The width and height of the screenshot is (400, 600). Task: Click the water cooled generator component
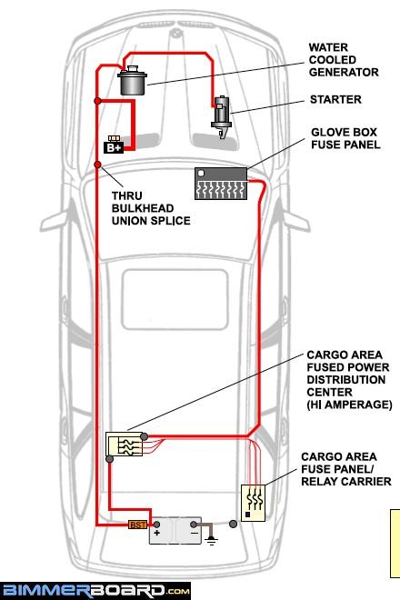132,81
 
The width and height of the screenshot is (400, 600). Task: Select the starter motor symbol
221,116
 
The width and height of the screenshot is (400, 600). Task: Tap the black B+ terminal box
114,145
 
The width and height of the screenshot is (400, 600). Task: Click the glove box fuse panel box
221,184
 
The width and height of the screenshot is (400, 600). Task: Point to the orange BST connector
137,525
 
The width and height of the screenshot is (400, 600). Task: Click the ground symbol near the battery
211,541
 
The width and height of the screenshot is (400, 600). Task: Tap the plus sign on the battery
157,533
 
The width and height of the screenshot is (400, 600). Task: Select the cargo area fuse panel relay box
253,503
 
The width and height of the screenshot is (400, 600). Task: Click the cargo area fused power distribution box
124,444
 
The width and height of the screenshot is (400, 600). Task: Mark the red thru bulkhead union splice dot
97,165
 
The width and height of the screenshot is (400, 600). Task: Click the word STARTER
335,99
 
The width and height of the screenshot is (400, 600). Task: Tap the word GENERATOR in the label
344,73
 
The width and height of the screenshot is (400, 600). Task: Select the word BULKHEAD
143,208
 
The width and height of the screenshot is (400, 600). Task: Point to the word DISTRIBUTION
346,380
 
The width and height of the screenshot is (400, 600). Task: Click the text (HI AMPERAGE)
349,405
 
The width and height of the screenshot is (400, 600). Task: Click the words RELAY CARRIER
346,482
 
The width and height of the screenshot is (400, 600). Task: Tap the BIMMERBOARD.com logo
95,591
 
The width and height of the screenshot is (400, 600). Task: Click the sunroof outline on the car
175,299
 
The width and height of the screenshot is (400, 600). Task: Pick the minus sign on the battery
195,533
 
